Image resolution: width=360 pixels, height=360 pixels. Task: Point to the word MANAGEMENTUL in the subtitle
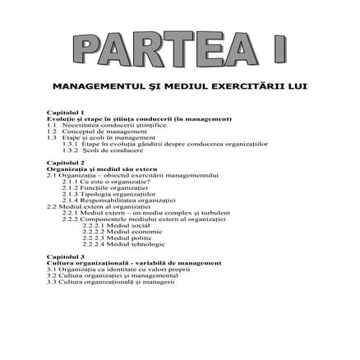pos(93,85)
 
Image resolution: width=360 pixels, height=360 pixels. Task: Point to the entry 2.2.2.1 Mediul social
pos(116,225)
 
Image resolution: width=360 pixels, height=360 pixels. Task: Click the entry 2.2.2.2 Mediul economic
pos(120,232)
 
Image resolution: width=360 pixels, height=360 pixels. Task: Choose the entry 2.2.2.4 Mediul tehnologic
pos(122,243)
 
